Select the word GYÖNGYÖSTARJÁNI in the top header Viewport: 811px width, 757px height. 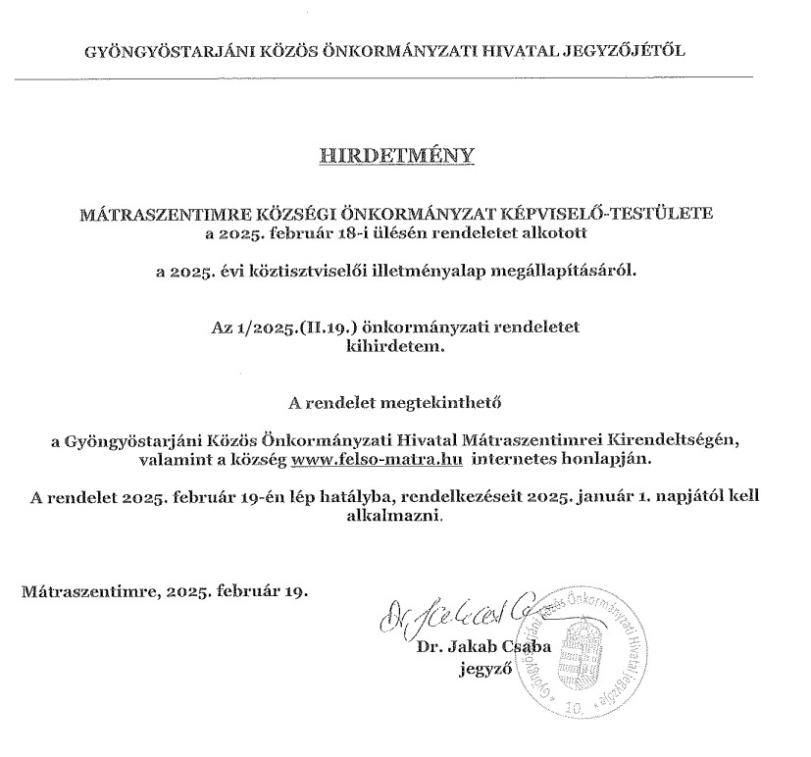[161, 51]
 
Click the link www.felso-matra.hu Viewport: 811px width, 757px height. [377, 458]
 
